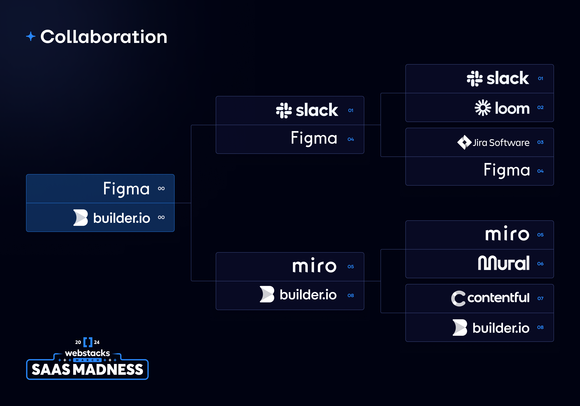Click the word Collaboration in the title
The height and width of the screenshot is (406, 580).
[104, 37]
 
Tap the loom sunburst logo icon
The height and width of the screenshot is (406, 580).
[483, 108]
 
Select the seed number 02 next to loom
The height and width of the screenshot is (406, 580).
[540, 107]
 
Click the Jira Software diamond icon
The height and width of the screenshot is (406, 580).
[464, 142]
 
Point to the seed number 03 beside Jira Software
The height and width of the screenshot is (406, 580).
[540, 142]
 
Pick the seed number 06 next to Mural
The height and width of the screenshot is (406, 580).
[540, 263]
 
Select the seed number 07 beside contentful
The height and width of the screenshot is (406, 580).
[540, 298]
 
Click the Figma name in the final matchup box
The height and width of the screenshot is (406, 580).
[126, 189]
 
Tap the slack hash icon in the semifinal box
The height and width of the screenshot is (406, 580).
[284, 110]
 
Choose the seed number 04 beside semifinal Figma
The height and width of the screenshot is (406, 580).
[351, 139]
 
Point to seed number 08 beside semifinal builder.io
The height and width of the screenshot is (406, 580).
[351, 295]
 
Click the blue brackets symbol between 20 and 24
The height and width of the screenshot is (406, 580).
[88, 342]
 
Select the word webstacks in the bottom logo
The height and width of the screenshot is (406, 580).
[87, 353]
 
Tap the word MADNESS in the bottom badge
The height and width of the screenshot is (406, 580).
[109, 369]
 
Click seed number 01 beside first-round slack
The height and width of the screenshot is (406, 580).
[540, 79]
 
